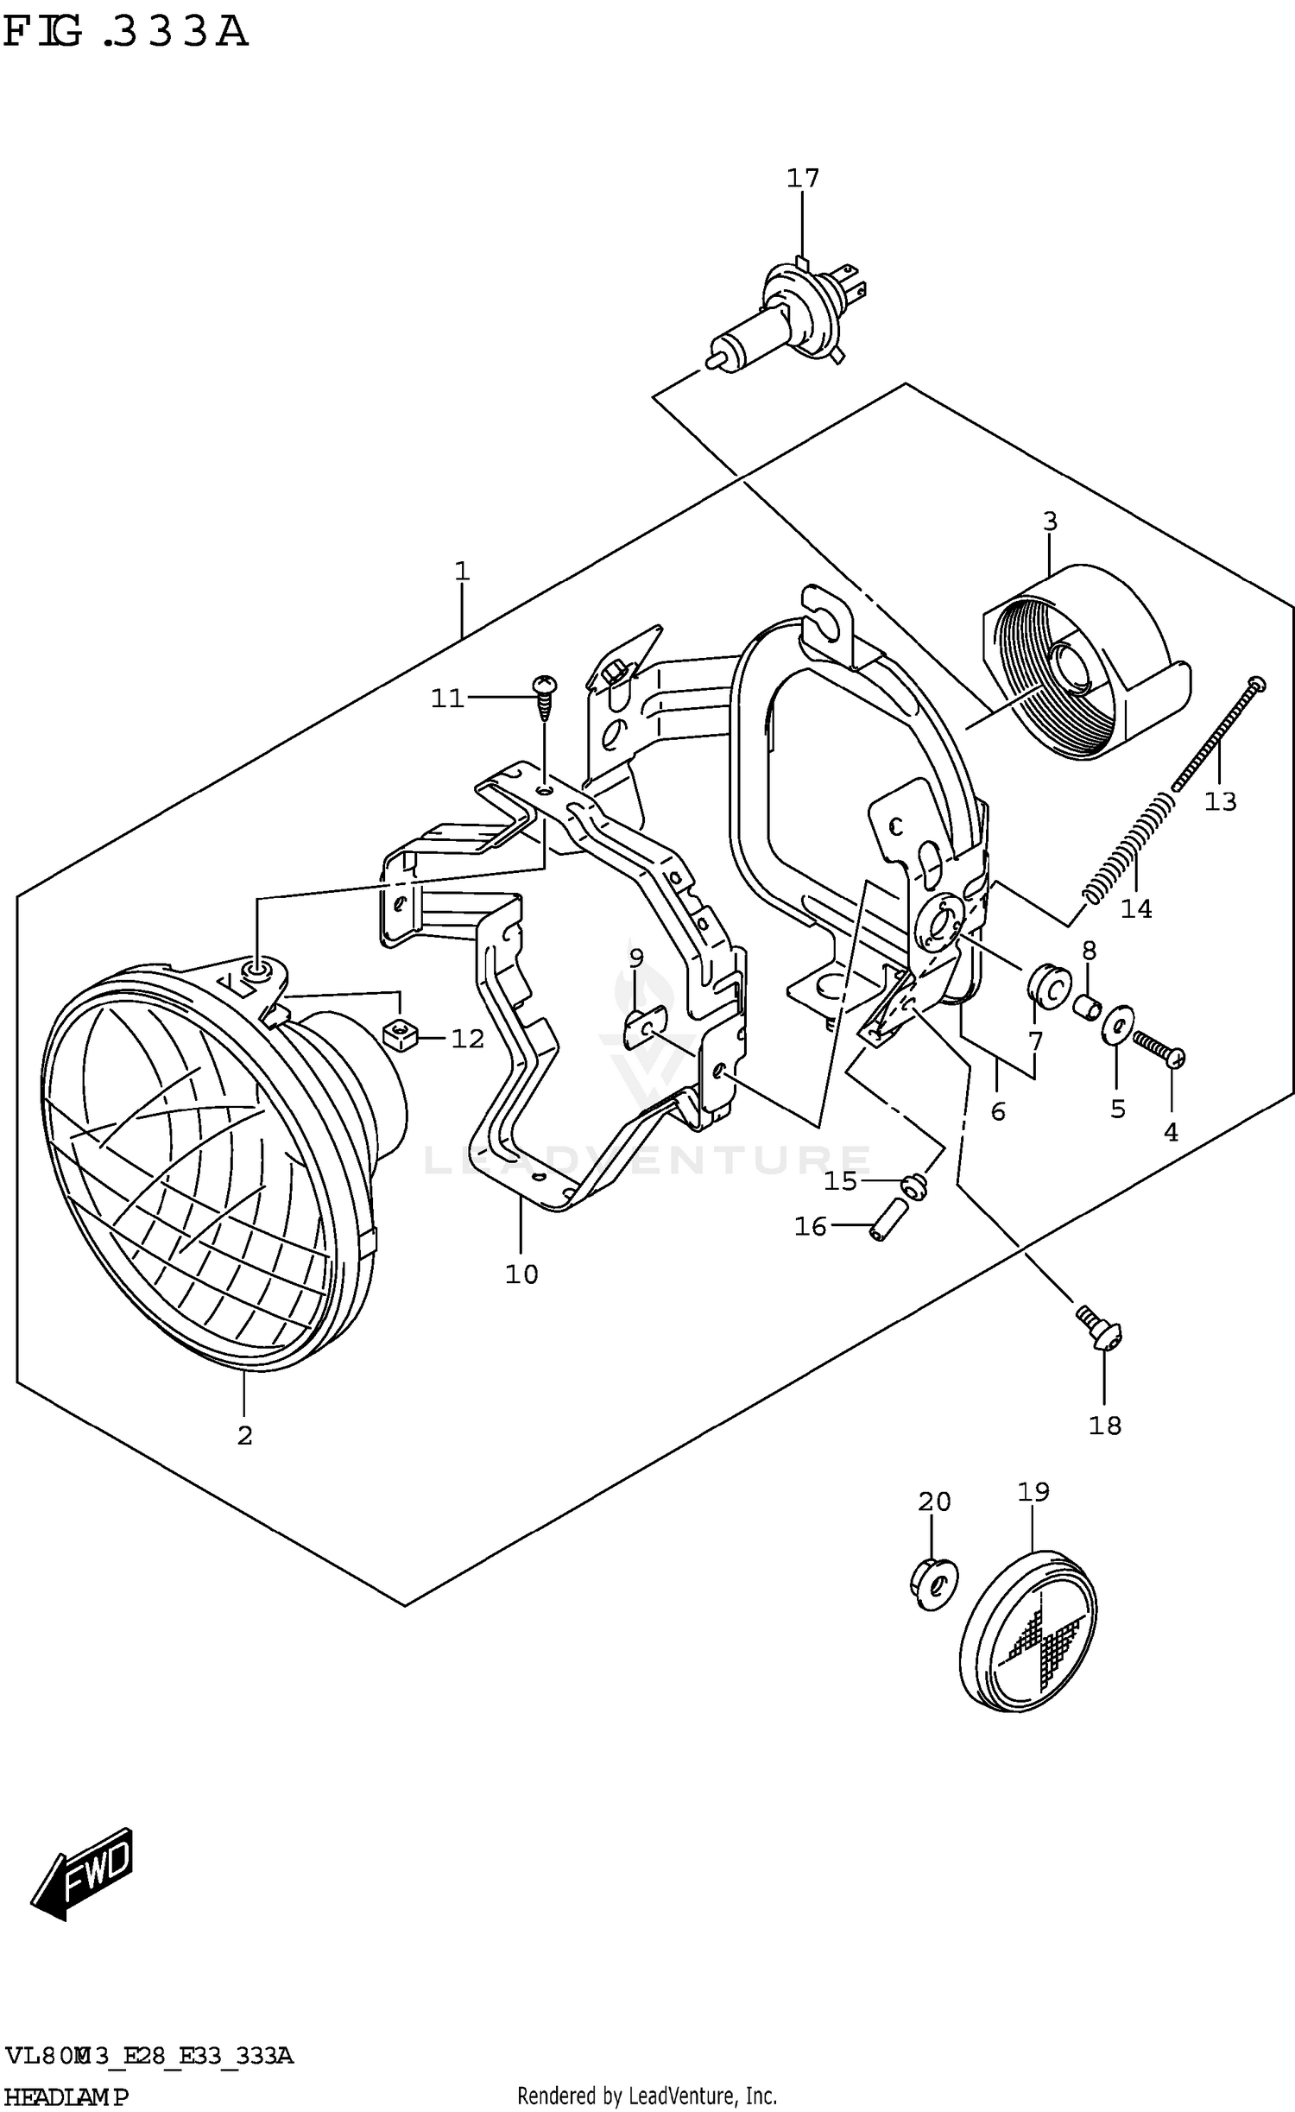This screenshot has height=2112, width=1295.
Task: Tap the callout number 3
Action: click(1049, 522)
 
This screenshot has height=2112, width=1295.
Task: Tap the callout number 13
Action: click(1220, 801)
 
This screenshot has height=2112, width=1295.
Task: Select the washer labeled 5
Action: click(1117, 1025)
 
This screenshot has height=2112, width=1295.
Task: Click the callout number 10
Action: click(521, 1274)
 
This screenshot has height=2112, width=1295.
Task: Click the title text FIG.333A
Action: click(126, 32)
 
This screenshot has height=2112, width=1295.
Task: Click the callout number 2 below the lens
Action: click(245, 1436)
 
